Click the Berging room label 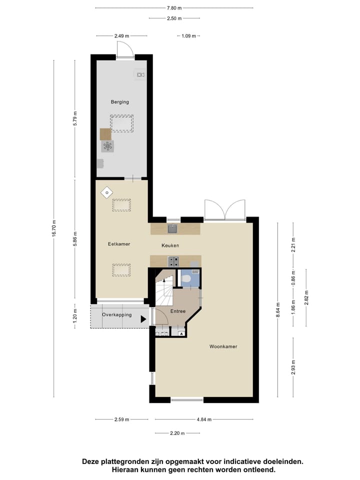pos(120,102)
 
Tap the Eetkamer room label pos(119,244)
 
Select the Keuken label pos(170,245)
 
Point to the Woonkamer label pos(223,346)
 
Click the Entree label pos(178,311)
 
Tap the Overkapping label pos(116,315)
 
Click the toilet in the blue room pos(186,279)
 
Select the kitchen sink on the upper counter pos(172,228)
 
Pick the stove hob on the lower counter pos(173,260)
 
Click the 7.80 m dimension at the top pos(174,8)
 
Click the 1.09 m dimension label pos(187,36)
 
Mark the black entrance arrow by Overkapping pos(143,318)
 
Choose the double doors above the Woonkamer pos(224,210)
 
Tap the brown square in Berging pos(105,134)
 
